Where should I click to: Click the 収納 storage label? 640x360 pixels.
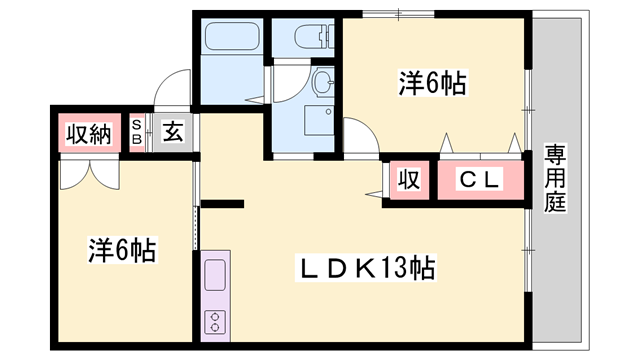(x=87, y=133)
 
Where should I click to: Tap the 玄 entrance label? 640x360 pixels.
(x=172, y=132)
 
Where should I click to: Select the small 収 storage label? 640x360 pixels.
(x=408, y=180)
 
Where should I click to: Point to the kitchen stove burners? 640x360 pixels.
(x=216, y=320)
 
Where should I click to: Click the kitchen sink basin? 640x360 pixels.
(x=216, y=274)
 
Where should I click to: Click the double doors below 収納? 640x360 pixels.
(x=88, y=172)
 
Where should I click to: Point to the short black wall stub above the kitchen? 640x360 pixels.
(x=222, y=206)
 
